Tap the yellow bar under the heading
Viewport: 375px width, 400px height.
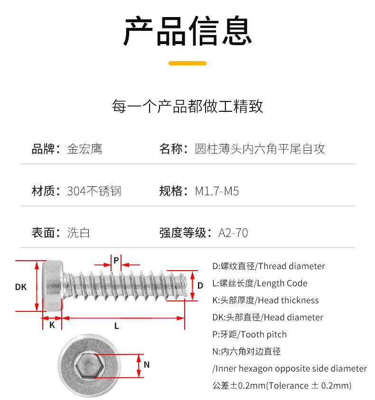[x=187, y=63]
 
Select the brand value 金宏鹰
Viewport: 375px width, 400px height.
[x=84, y=149]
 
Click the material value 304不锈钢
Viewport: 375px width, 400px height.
[x=94, y=191]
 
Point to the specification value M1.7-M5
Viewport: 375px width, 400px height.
[x=217, y=191]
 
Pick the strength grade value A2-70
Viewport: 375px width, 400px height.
[x=233, y=233]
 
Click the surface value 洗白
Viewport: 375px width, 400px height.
[x=78, y=233]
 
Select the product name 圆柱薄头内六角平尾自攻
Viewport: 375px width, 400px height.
[x=260, y=149]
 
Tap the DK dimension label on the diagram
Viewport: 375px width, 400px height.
[x=20, y=287]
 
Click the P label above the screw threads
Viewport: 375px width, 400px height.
[x=116, y=260]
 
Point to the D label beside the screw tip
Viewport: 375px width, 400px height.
[x=200, y=285]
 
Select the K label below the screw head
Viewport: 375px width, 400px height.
[x=52, y=325]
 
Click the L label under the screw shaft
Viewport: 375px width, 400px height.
[x=116, y=326]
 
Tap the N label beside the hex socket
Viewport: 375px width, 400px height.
[x=147, y=364]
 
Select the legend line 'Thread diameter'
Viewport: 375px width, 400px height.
[x=269, y=266]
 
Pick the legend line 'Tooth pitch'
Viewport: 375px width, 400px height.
[x=250, y=334]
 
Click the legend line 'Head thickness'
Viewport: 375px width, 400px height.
[x=265, y=300]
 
